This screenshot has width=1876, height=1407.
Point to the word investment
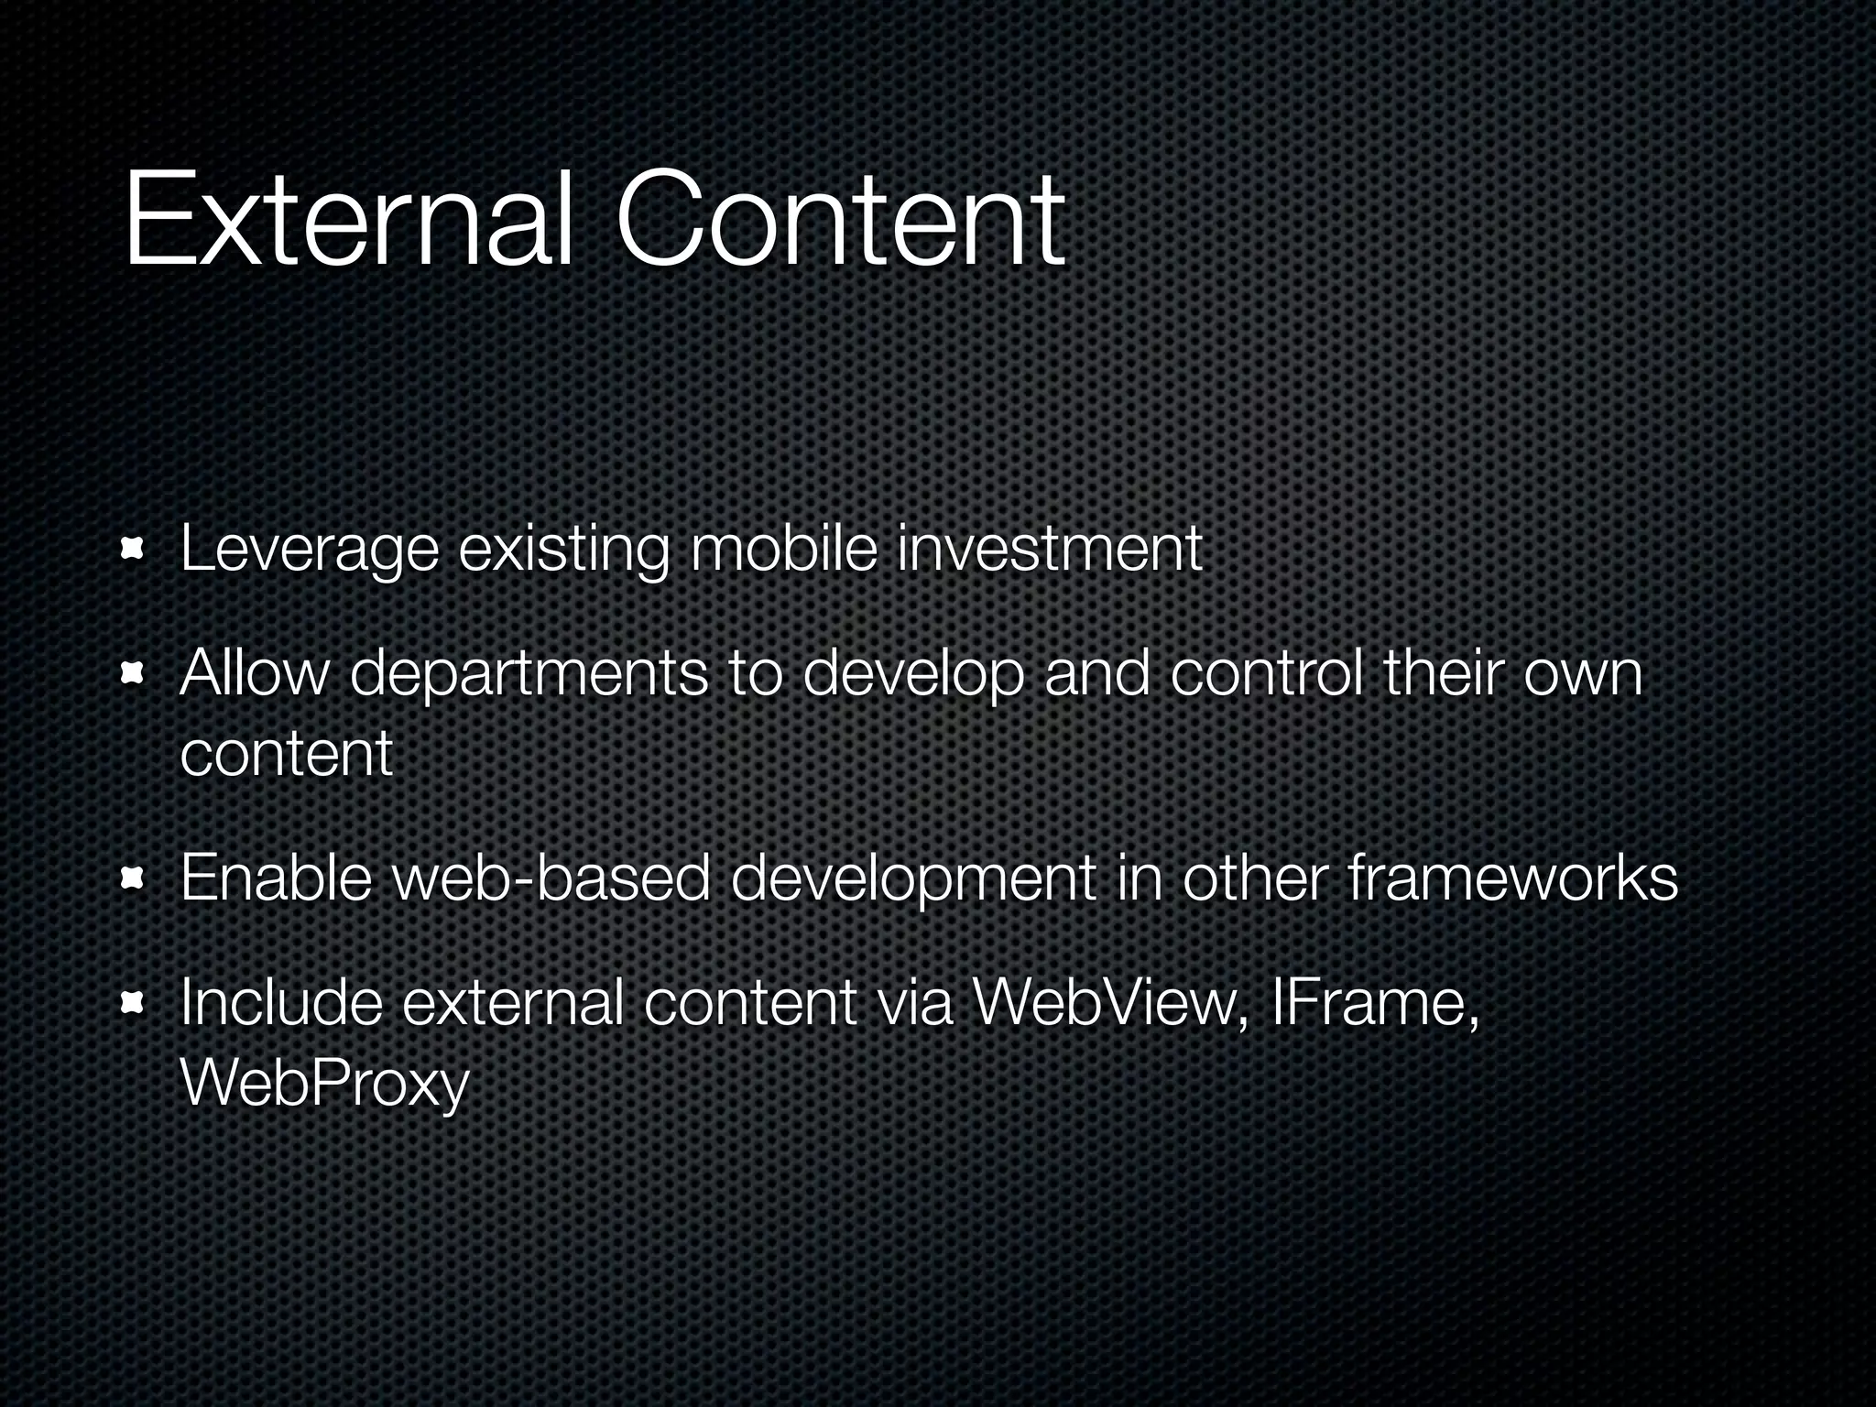1050,549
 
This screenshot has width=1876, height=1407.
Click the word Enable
276,878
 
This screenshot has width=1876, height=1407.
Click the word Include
281,1003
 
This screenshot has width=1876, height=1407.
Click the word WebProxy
324,1084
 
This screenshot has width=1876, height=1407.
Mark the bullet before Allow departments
135,675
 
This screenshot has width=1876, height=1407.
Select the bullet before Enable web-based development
135,879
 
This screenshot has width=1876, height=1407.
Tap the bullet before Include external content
135,1005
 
